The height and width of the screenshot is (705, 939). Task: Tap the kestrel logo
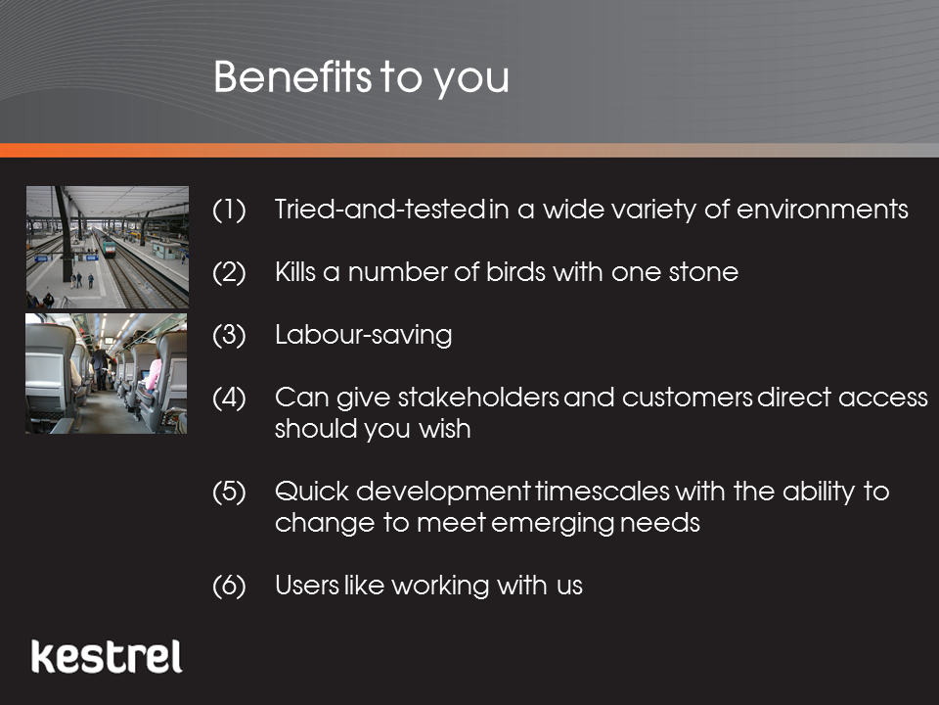pos(107,656)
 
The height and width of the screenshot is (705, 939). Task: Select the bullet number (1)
pos(229,210)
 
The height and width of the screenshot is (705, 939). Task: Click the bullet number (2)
pos(229,273)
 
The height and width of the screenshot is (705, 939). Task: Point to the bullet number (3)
pos(229,335)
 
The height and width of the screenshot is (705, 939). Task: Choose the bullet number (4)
pos(229,399)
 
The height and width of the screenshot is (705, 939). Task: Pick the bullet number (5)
pos(229,493)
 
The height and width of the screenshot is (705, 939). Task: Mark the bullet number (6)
pos(229,586)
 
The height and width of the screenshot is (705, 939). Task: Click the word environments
pos(823,210)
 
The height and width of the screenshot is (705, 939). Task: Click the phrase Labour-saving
pos(364,336)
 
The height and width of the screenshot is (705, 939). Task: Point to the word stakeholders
pos(478,398)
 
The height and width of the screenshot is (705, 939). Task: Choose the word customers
pos(688,399)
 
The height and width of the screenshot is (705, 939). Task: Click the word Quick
pos(312,492)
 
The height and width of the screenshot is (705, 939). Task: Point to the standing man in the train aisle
pos(100,367)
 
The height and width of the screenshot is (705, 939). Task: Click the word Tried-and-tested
pos(380,210)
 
